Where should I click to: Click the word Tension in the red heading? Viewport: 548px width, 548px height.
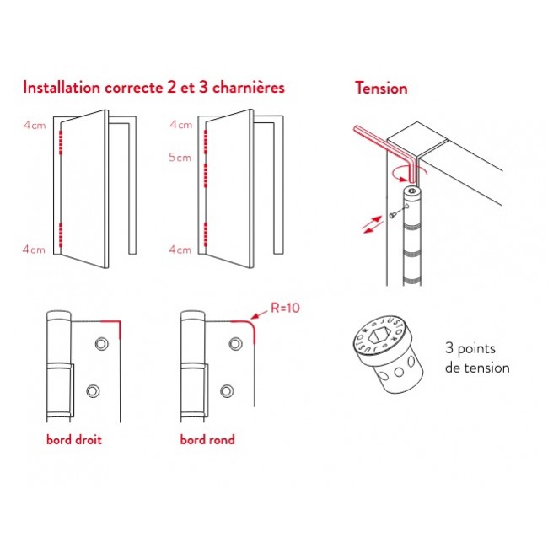pyautogui.click(x=381, y=88)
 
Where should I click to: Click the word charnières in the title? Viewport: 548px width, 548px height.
pyautogui.click(x=249, y=87)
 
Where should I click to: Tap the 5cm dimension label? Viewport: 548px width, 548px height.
pyautogui.click(x=180, y=158)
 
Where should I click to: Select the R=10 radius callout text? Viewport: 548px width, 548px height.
pyautogui.click(x=285, y=308)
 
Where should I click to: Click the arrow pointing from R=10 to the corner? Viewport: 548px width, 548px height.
pyautogui.click(x=260, y=314)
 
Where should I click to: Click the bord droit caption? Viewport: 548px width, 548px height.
pyautogui.click(x=73, y=439)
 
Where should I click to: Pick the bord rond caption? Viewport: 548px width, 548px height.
pyautogui.click(x=207, y=439)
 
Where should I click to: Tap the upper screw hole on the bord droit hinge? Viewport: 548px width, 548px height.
pyautogui.click(x=102, y=344)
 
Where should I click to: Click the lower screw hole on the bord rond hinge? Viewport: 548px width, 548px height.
pyautogui.click(x=227, y=390)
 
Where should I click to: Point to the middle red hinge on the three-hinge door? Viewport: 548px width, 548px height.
pyautogui.click(x=206, y=175)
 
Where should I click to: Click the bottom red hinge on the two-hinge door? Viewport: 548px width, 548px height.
pyautogui.click(x=61, y=234)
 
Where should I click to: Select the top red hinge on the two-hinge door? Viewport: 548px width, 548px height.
pyautogui.click(x=61, y=142)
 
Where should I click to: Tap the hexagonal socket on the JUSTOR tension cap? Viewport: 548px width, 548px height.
pyautogui.click(x=377, y=336)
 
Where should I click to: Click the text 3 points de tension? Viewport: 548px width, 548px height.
pyautogui.click(x=477, y=357)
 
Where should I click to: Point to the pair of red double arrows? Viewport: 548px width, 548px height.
pyautogui.click(x=372, y=225)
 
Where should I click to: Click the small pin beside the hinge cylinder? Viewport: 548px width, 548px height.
pyautogui.click(x=393, y=215)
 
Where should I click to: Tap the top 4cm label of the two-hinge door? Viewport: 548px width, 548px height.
pyautogui.click(x=35, y=125)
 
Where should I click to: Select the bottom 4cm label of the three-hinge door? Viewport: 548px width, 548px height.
pyautogui.click(x=180, y=250)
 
